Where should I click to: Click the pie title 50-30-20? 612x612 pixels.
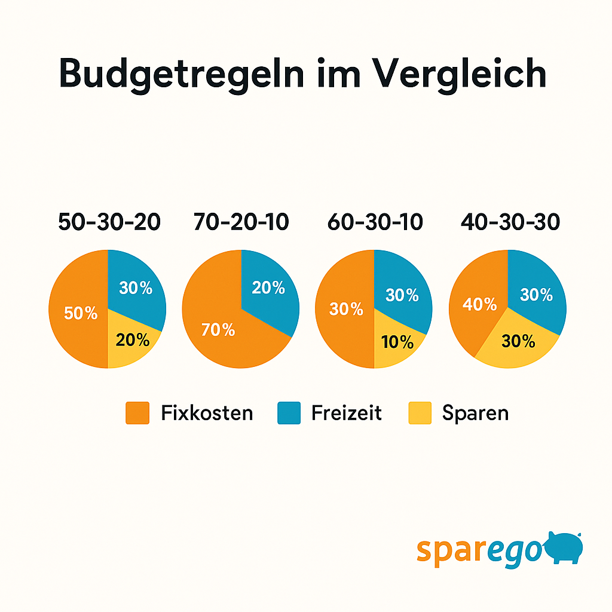point(109,222)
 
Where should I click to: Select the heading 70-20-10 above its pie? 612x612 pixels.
point(241,222)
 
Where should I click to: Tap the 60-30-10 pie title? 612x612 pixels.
point(375,222)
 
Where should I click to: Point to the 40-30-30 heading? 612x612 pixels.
point(510,222)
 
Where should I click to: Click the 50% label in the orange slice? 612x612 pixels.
point(81,313)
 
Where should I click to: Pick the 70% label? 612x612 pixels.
point(218,329)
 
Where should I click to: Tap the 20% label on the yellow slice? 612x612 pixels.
point(133,340)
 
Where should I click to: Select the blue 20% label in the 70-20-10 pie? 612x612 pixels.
point(268,287)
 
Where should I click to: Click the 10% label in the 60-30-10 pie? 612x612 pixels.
point(397,342)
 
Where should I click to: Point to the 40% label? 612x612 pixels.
point(480,304)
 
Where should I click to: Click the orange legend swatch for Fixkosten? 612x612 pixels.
point(137,413)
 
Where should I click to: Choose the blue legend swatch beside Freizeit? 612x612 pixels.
point(289,413)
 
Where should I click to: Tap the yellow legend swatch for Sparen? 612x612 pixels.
point(420,413)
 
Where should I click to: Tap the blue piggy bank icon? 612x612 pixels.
point(563,547)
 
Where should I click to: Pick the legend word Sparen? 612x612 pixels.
point(476,413)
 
